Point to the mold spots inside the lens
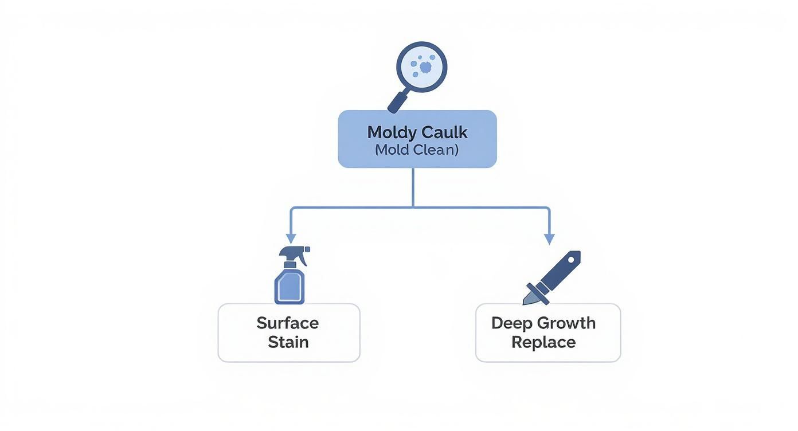click(x=424, y=67)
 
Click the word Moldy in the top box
click(x=392, y=132)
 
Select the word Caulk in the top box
click(x=444, y=132)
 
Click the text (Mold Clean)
click(x=417, y=150)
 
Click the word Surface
click(x=288, y=323)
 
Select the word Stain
click(x=288, y=342)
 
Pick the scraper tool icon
click(x=551, y=277)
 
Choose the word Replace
click(x=543, y=342)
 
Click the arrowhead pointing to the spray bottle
click(x=291, y=238)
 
